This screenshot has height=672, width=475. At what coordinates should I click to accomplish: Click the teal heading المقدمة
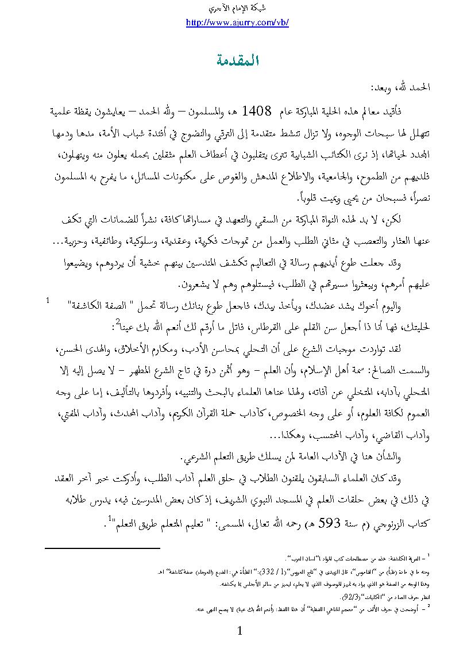[x=237, y=60]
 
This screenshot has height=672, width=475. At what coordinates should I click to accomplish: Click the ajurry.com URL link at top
[x=237, y=23]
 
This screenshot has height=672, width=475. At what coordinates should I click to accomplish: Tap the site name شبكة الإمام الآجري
[x=237, y=9]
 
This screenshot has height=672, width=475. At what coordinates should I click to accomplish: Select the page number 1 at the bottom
[x=240, y=631]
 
